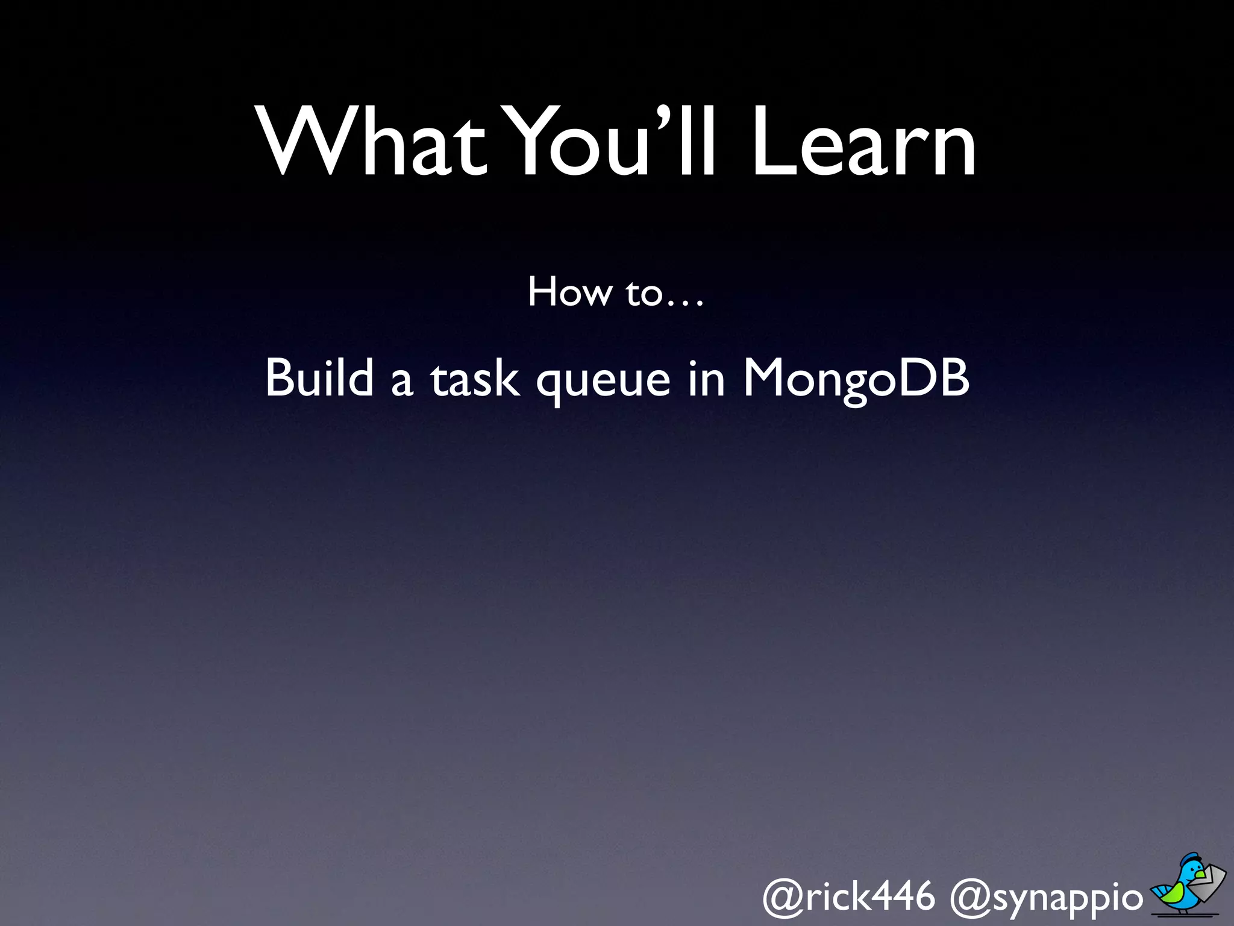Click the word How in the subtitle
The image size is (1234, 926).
[x=569, y=292]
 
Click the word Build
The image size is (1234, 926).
[x=319, y=378]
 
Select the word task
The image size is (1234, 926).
[x=474, y=380]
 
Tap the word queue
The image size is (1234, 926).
[x=603, y=383]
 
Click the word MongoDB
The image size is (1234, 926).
[x=856, y=379]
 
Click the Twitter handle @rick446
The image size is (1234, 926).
[x=848, y=896]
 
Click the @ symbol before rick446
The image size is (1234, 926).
[x=782, y=898]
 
